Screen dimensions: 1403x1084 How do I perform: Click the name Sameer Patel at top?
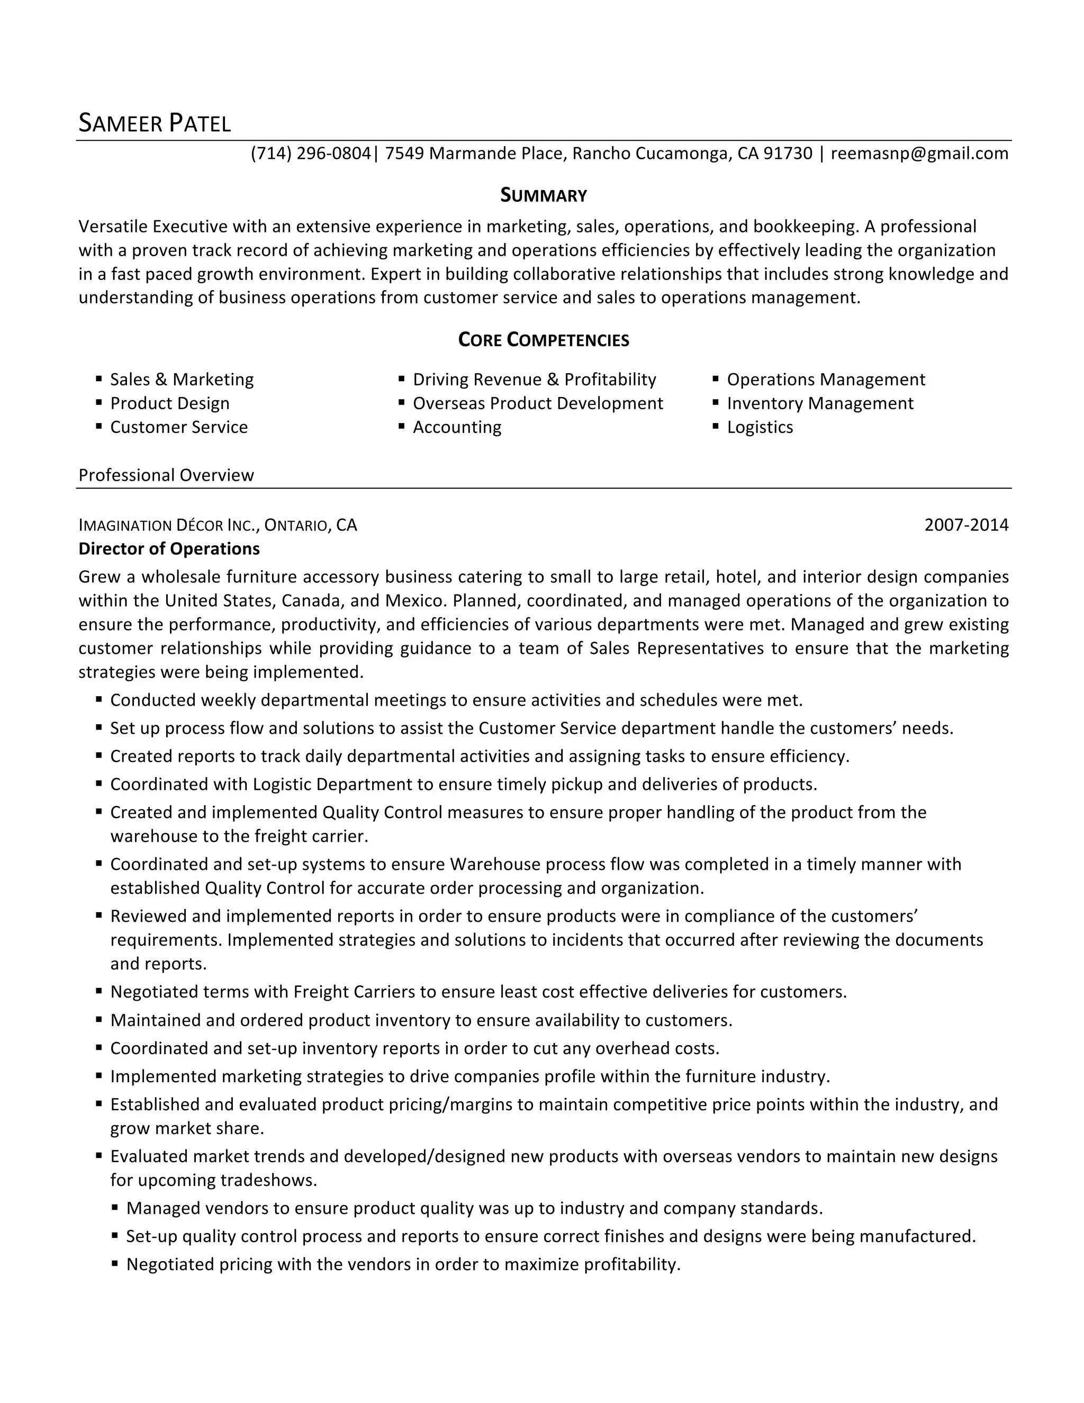pyautogui.click(x=154, y=122)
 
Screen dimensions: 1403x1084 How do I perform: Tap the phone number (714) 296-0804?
pyautogui.click(x=311, y=154)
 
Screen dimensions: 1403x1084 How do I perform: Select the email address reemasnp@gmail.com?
pyautogui.click(x=919, y=154)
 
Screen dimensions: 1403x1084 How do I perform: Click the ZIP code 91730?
pyautogui.click(x=788, y=154)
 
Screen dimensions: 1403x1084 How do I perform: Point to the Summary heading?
pyautogui.click(x=543, y=195)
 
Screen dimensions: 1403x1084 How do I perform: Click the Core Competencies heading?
pyautogui.click(x=543, y=340)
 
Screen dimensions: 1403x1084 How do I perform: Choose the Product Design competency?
pyautogui.click(x=169, y=403)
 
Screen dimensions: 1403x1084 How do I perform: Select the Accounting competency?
pyautogui.click(x=457, y=427)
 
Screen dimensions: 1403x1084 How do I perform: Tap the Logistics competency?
pyautogui.click(x=760, y=427)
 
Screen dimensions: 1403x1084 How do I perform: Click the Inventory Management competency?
pyautogui.click(x=819, y=403)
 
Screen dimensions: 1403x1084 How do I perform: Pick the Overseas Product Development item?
pyautogui.click(x=538, y=403)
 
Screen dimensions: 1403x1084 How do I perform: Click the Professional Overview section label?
pyautogui.click(x=166, y=475)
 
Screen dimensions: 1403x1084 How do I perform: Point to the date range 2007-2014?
pyautogui.click(x=966, y=526)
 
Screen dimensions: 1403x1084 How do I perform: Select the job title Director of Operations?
pyautogui.click(x=169, y=548)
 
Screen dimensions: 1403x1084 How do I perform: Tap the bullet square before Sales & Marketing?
pyautogui.click(x=99, y=379)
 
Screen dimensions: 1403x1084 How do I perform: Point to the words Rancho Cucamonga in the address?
pyautogui.click(x=649, y=154)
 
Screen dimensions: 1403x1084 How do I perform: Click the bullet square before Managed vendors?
pyautogui.click(x=115, y=1208)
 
